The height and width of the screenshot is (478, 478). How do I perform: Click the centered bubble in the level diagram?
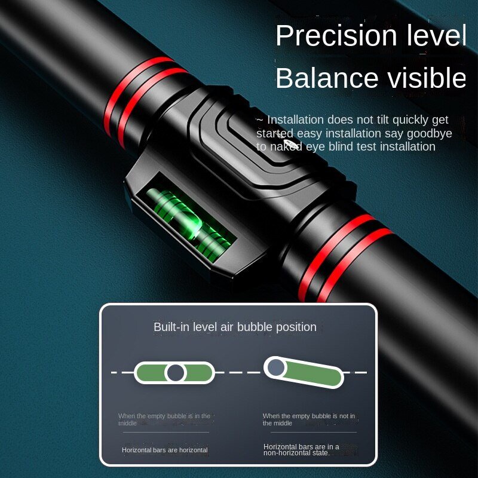[x=175, y=373]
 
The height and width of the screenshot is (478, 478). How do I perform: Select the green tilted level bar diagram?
[x=304, y=372]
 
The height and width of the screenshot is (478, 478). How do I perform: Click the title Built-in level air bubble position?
[x=235, y=327]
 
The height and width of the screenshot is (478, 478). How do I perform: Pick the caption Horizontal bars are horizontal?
[x=165, y=450]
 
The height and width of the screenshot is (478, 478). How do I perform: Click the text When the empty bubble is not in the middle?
[x=308, y=419]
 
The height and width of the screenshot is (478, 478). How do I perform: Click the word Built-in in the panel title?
[x=168, y=327]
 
